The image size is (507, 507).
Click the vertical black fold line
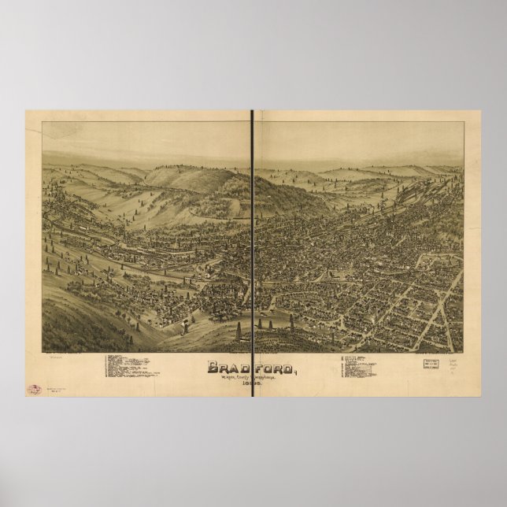point(253,236)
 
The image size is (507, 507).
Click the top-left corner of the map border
point(42,122)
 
